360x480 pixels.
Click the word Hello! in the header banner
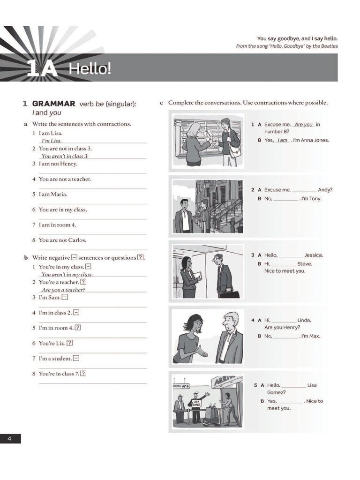coord(90,69)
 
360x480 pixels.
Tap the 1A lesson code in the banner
coord(42,69)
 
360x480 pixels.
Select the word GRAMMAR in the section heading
coord(53,104)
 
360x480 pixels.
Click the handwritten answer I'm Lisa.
coord(52,141)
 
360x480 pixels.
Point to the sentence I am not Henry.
coord(58,164)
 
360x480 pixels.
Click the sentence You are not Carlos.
coord(62,240)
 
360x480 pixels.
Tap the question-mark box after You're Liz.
coord(70,343)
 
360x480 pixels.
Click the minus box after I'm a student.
coord(76,359)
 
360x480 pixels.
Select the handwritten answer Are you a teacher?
coord(63,290)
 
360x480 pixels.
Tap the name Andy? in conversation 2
coord(325,190)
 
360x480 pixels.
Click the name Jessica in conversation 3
coord(314,255)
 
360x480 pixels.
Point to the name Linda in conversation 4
coord(304,320)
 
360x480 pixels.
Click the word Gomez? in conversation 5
coord(276,392)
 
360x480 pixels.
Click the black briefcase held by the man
coord(229,294)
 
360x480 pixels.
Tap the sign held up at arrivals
coord(196,404)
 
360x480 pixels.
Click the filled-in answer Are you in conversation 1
coord(304,125)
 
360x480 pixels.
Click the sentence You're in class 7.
coord(59,374)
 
